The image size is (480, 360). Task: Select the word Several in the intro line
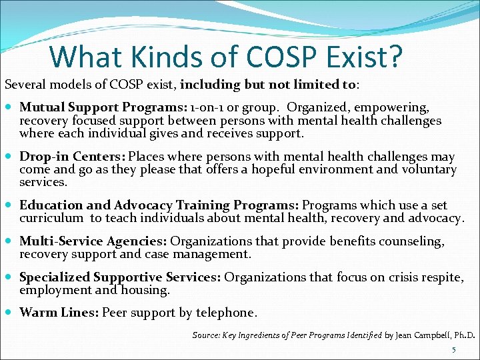(x=25, y=85)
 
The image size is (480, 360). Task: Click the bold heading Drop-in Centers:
(x=73, y=157)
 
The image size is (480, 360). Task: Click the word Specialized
(x=55, y=277)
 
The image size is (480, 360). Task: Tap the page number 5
(x=454, y=350)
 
